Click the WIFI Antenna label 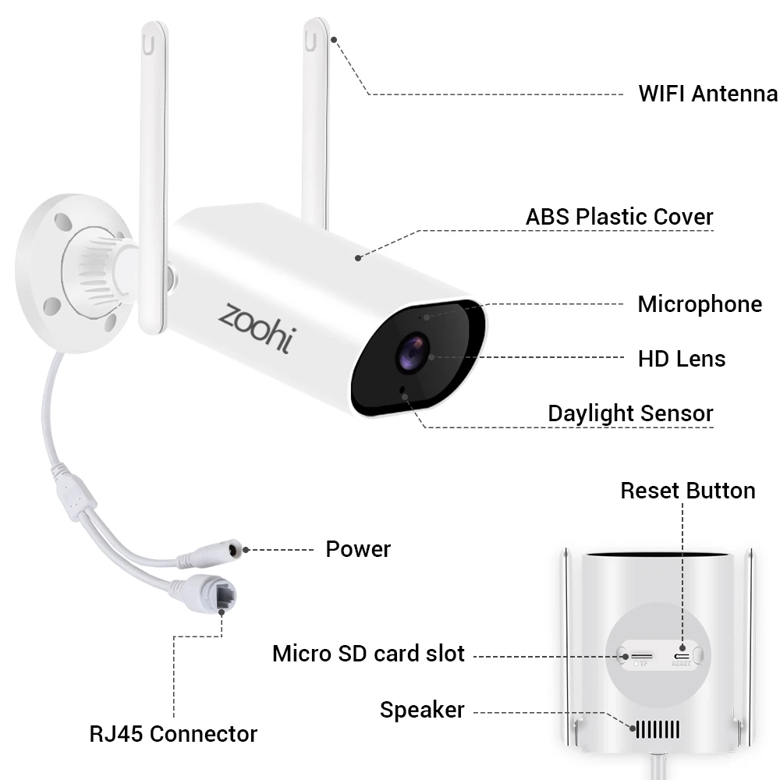click(x=707, y=94)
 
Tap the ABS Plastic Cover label click(x=619, y=216)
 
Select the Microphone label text click(x=700, y=303)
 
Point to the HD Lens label click(x=682, y=359)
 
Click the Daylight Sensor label click(x=630, y=413)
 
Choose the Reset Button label click(x=687, y=491)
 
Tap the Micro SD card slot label click(x=368, y=653)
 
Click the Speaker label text click(x=422, y=710)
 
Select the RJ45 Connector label click(x=172, y=733)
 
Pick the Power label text click(x=358, y=548)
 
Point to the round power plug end click(x=233, y=549)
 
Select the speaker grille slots click(x=655, y=729)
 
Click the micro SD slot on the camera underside click(x=642, y=655)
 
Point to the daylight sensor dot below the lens click(x=404, y=390)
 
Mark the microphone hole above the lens click(x=422, y=317)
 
